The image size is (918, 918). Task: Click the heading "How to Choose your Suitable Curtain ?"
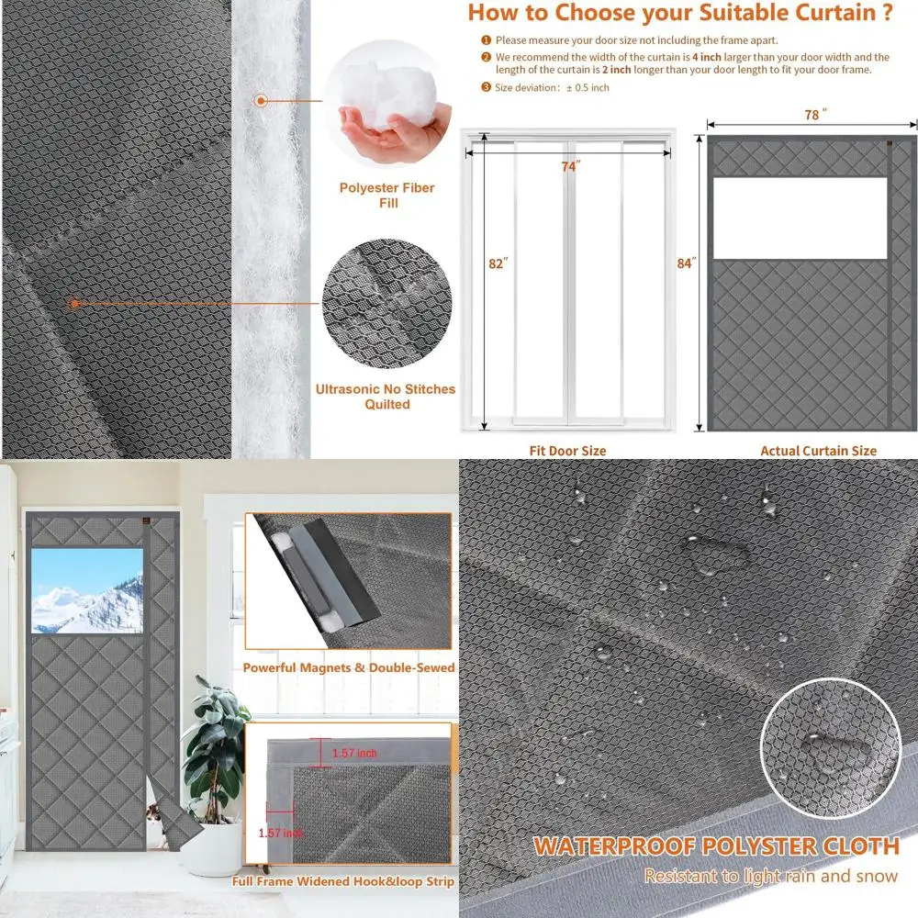[679, 13]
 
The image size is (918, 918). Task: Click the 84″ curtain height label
[686, 263]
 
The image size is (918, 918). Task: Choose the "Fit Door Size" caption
[567, 451]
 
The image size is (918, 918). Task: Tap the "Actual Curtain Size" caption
[818, 451]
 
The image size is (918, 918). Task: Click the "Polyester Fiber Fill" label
[386, 195]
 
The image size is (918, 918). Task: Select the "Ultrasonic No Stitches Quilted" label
[386, 397]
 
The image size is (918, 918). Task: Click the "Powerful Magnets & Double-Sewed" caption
[349, 667]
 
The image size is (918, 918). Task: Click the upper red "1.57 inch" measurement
[354, 753]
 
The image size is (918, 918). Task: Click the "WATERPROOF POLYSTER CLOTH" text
[716, 845]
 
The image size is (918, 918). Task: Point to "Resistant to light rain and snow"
[770, 876]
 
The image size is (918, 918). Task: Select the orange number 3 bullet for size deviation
[486, 87]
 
